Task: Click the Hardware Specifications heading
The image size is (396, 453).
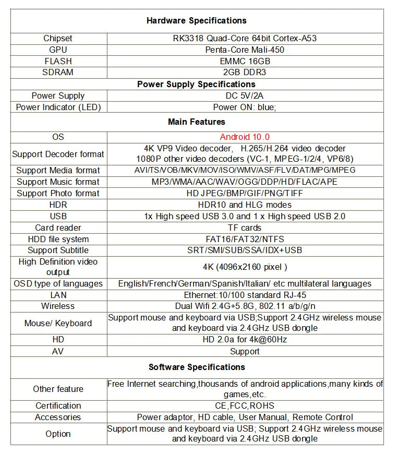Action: [196, 21]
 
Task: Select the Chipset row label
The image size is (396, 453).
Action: [58, 38]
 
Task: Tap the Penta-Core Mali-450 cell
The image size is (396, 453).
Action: [245, 50]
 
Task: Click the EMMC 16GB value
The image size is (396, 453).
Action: [245, 61]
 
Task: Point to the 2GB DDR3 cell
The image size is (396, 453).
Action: [244, 73]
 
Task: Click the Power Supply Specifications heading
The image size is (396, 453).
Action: [196, 84]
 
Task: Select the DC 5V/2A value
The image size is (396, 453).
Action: [245, 96]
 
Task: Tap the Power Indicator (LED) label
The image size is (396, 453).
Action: [58, 107]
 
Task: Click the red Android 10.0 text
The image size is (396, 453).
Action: [245, 137]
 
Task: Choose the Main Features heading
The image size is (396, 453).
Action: [196, 122]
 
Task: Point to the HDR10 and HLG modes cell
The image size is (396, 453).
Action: [245, 205]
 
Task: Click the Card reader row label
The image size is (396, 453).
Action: [58, 228]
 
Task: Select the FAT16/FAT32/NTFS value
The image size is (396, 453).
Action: [245, 239]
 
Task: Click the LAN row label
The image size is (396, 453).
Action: [58, 295]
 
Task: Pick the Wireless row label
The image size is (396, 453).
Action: [58, 306]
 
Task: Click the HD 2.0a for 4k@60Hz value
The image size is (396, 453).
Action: [245, 340]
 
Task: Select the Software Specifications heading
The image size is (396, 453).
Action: [196, 367]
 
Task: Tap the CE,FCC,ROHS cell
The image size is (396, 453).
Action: [245, 406]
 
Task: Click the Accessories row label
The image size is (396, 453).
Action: [58, 417]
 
